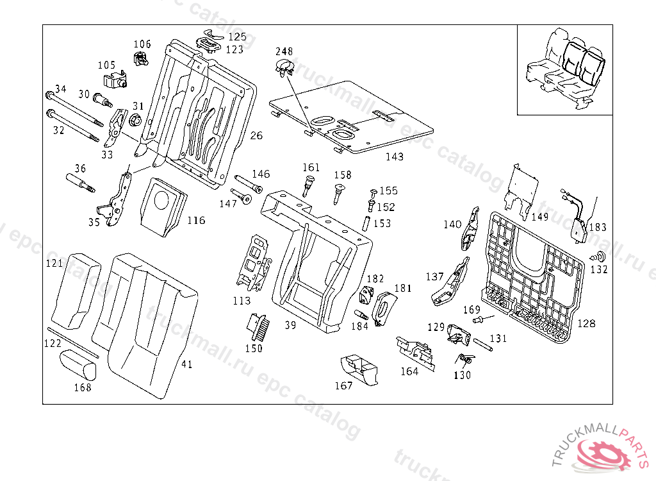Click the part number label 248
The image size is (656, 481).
[x=284, y=51]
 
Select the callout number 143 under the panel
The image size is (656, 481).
[x=394, y=156]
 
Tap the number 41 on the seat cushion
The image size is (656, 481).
[x=186, y=364]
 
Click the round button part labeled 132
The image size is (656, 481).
[x=600, y=257]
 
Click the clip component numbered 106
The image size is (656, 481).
[x=140, y=60]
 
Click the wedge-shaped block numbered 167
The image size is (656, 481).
[x=359, y=371]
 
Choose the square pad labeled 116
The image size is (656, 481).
[x=161, y=205]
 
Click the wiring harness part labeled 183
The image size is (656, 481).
[x=580, y=221]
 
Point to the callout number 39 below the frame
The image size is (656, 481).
[x=290, y=326]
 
